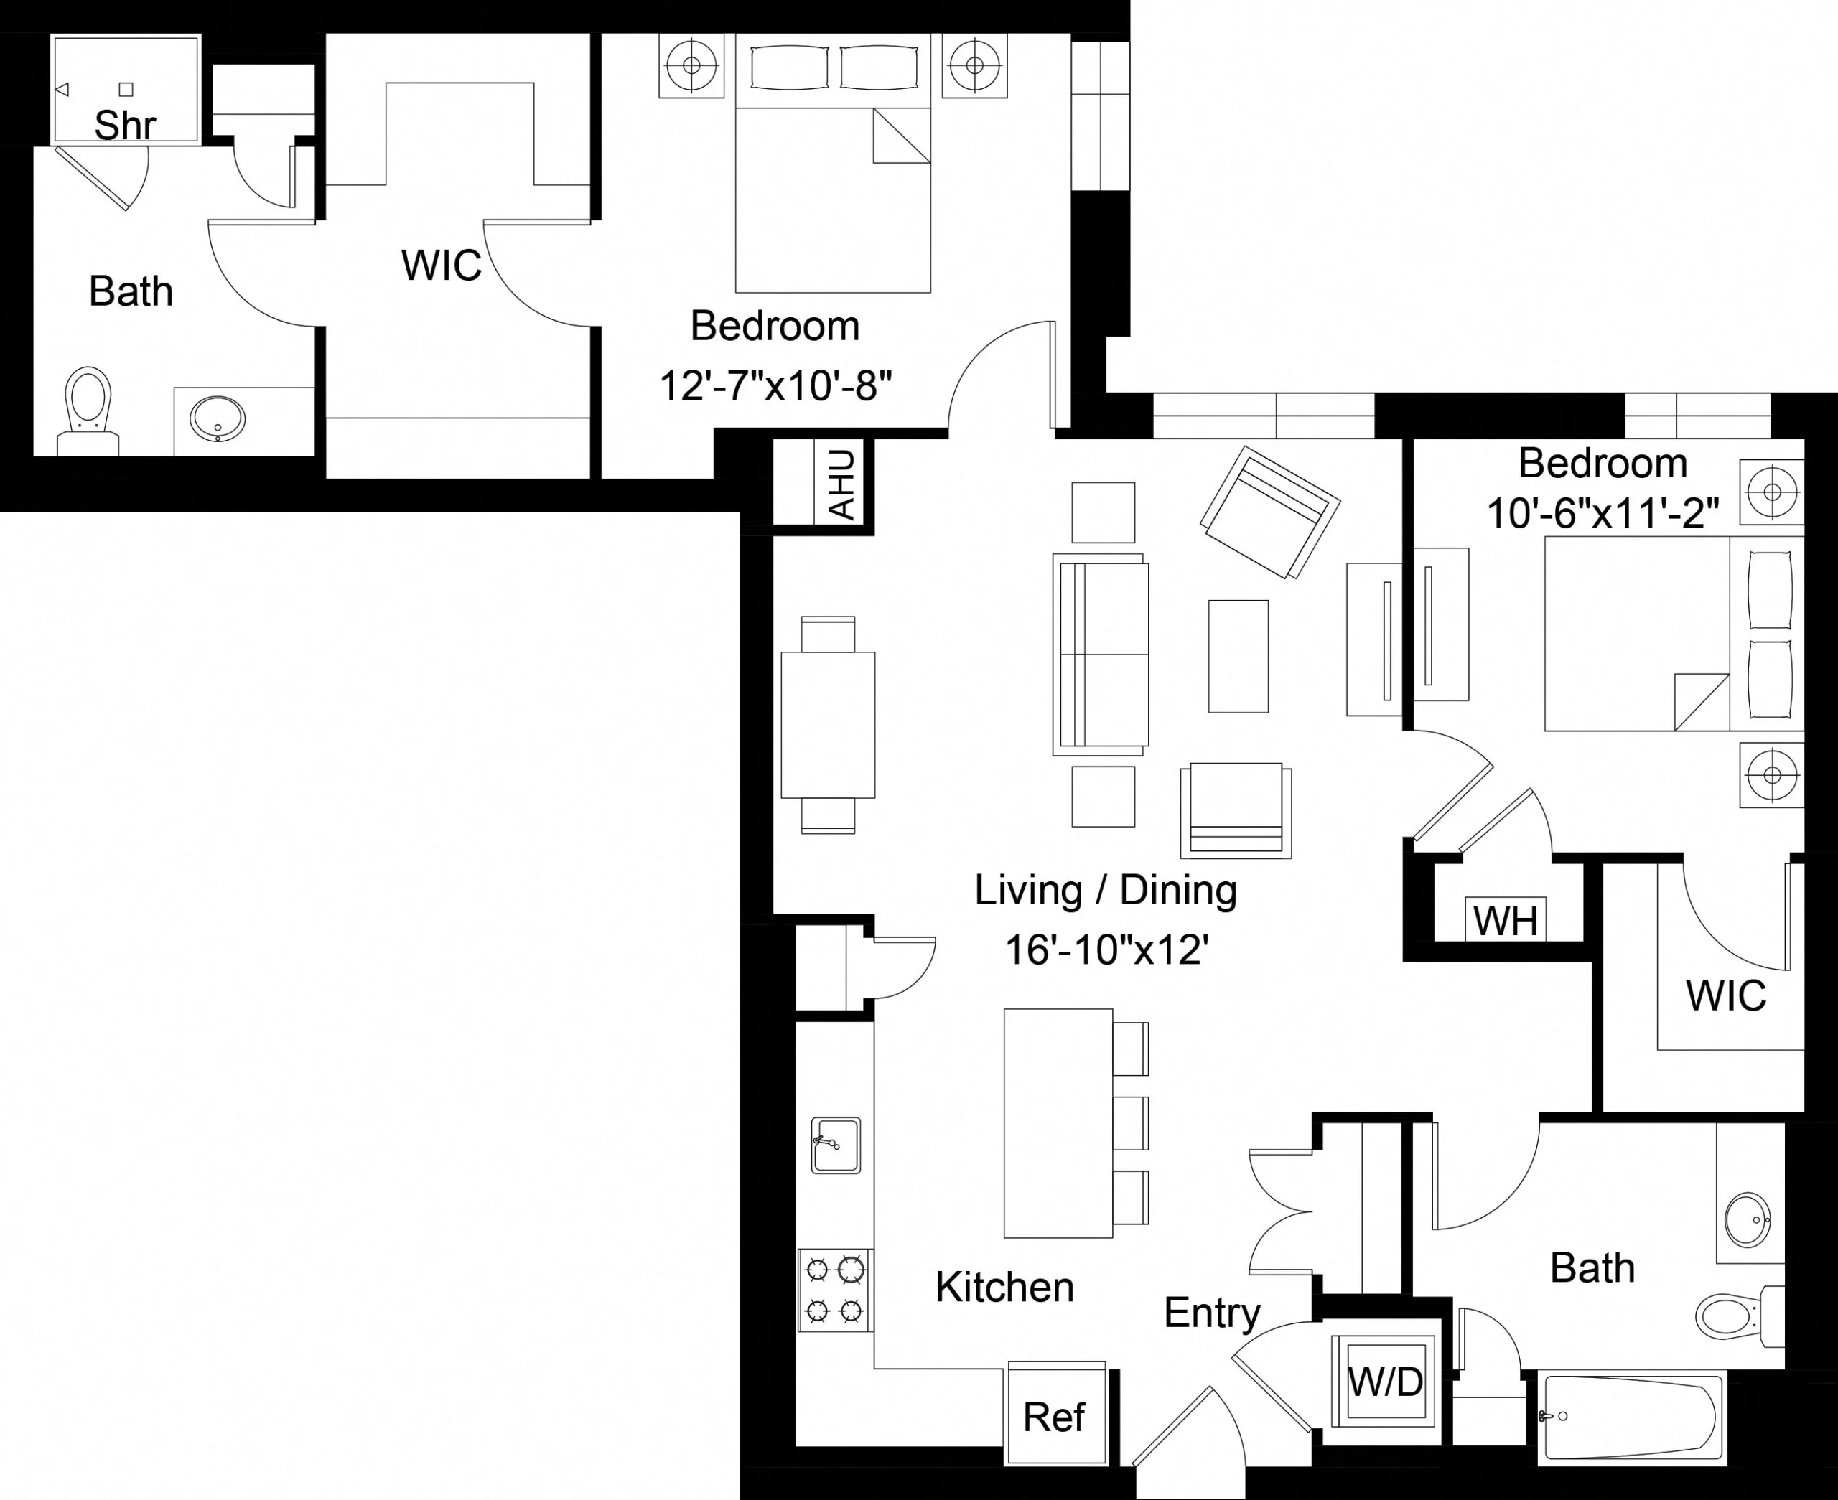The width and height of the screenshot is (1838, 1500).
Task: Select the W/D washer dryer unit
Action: pyautogui.click(x=1385, y=1382)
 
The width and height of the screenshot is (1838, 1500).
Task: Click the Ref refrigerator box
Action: pyautogui.click(x=1054, y=1417)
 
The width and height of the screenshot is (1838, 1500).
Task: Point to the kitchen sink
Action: pyautogui.click(x=836, y=1145)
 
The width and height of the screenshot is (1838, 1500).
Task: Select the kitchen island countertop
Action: pyautogui.click(x=1058, y=1123)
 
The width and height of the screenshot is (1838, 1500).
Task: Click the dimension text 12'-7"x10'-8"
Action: pyautogui.click(x=775, y=385)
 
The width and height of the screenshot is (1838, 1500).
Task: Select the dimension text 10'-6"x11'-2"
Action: pyautogui.click(x=1602, y=514)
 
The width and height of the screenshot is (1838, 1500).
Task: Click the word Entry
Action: pyautogui.click(x=1211, y=1313)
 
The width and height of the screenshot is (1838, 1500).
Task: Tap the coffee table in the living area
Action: pyautogui.click(x=1238, y=656)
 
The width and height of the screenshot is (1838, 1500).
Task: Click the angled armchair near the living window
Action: pyautogui.click(x=1269, y=512)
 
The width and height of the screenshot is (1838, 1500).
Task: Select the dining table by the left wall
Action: pyautogui.click(x=828, y=725)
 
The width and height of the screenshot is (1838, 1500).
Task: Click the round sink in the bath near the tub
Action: pyautogui.click(x=1748, y=1220)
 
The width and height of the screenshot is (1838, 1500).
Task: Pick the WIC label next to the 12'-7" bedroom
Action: pyautogui.click(x=441, y=266)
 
